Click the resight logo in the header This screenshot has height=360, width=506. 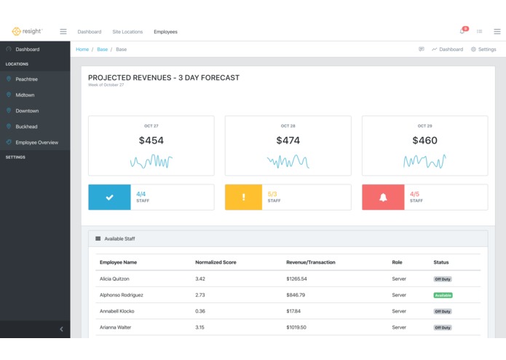click(x=27, y=31)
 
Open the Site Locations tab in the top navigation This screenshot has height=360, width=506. click(x=127, y=32)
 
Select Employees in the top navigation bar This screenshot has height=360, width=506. click(x=165, y=32)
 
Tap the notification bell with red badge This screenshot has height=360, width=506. click(x=462, y=31)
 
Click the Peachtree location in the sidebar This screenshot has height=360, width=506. click(x=27, y=79)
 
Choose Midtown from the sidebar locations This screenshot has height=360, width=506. click(x=25, y=95)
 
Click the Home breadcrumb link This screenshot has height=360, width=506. click(x=82, y=50)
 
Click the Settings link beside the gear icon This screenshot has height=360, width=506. click(x=486, y=50)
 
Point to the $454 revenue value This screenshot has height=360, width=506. click(x=151, y=141)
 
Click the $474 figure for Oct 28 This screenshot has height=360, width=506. click(x=288, y=141)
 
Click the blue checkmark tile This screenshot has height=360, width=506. click(x=109, y=197)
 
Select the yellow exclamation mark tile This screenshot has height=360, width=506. click(x=243, y=197)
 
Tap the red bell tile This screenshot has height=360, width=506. click(x=383, y=197)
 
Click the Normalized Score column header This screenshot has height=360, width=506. click(x=216, y=262)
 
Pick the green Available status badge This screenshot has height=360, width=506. click(x=443, y=295)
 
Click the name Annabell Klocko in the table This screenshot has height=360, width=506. click(x=116, y=311)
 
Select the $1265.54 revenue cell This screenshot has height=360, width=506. click(x=296, y=279)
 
